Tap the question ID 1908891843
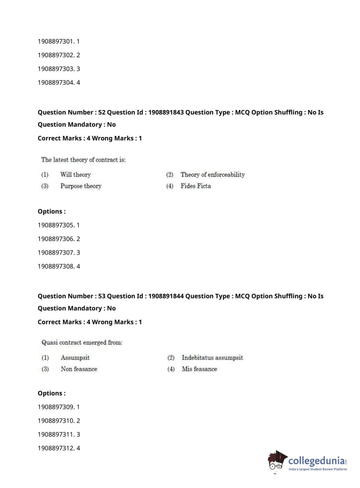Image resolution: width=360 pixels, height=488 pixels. click(166, 112)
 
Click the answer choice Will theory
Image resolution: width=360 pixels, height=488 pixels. click(76, 175)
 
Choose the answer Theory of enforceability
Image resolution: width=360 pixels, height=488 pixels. click(213, 175)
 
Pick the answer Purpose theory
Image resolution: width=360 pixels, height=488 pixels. click(81, 186)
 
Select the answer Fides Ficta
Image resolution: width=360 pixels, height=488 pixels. click(196, 186)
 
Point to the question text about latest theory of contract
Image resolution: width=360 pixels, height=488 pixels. click(83, 160)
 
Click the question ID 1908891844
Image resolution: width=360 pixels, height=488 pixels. click(166, 296)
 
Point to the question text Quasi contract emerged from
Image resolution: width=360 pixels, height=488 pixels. click(82, 343)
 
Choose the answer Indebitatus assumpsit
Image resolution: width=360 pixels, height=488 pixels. click(212, 358)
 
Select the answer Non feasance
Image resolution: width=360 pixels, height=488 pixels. click(79, 369)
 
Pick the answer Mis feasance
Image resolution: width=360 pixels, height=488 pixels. click(199, 369)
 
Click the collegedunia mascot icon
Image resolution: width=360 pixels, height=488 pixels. click(277, 461)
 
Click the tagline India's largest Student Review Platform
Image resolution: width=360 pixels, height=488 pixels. click(318, 469)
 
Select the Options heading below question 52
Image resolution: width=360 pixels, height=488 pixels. click(51, 212)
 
